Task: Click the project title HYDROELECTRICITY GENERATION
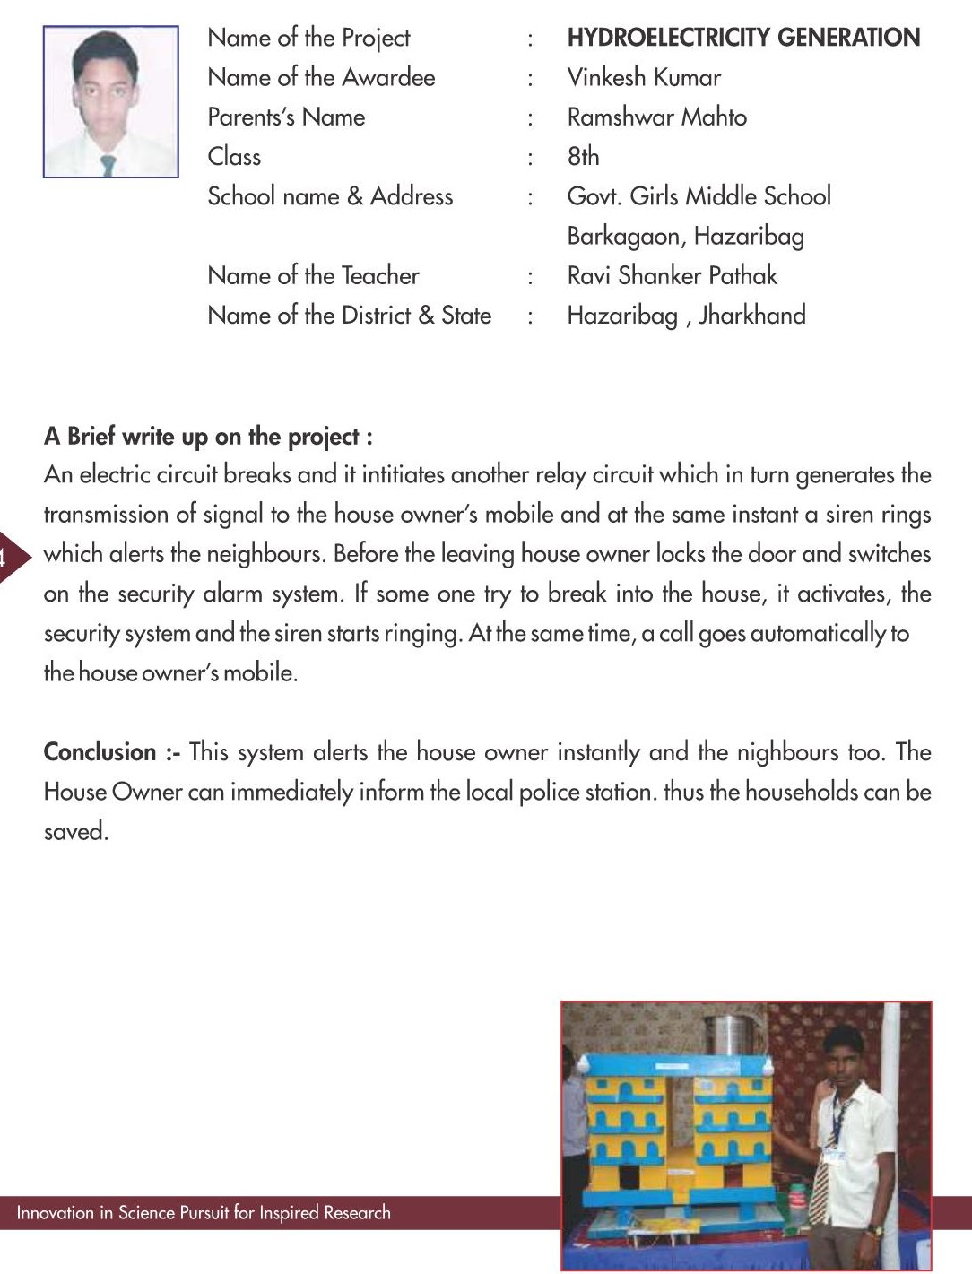click(x=743, y=38)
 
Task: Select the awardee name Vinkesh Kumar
click(x=644, y=78)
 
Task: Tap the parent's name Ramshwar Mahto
click(x=656, y=117)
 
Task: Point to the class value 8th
click(x=583, y=157)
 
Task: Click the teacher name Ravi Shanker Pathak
click(x=672, y=276)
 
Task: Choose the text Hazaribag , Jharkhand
click(x=686, y=316)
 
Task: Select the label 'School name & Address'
click(x=330, y=196)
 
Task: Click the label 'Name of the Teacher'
click(x=313, y=276)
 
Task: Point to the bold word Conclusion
click(x=100, y=752)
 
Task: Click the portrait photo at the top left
click(x=110, y=101)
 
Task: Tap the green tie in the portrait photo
click(x=108, y=166)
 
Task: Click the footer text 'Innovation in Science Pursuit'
click(x=204, y=1213)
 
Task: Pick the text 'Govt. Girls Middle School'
click(x=699, y=196)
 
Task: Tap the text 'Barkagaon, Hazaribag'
click(x=685, y=237)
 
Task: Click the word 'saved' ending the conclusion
click(x=74, y=832)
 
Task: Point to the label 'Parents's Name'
click(x=286, y=117)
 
